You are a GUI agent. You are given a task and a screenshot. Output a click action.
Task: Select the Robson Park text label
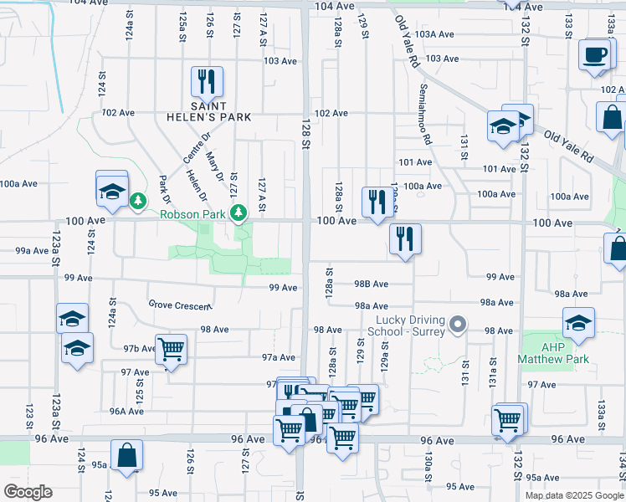(195, 214)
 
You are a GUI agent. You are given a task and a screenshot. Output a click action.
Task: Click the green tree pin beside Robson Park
(239, 213)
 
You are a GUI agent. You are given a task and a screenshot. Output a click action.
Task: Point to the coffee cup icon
(595, 55)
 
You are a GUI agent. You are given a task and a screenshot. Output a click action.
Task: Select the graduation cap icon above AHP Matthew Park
(579, 323)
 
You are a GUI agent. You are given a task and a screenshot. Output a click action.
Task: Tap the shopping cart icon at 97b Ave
(171, 349)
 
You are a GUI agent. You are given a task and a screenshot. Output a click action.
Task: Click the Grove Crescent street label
(179, 305)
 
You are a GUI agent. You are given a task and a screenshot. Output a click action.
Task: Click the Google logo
(28, 492)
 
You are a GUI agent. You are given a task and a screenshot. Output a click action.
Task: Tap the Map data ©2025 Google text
(574, 495)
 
